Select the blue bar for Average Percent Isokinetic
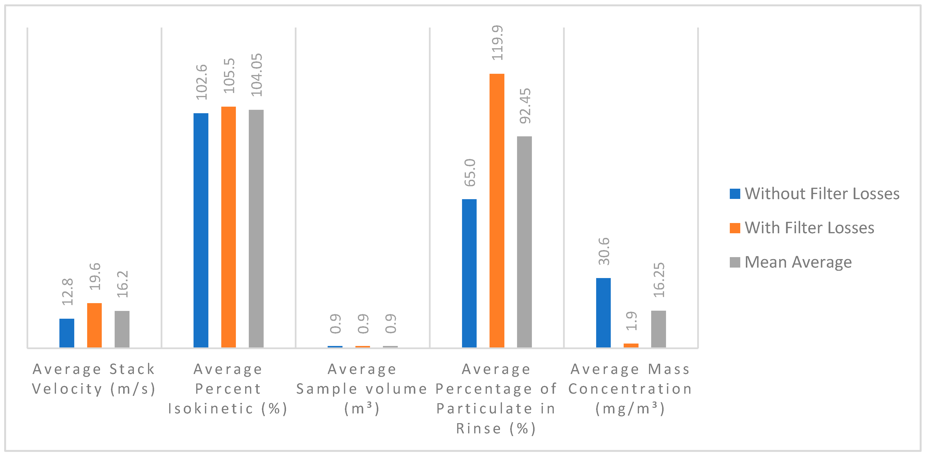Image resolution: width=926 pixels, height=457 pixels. point(201,230)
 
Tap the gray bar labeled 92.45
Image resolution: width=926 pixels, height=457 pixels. point(524,242)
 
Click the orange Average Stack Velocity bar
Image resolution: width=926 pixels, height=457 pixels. point(94,325)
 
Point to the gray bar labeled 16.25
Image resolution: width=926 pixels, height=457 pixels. point(658,329)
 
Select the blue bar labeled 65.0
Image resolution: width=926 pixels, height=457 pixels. point(469,273)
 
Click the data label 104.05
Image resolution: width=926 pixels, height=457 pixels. point(257,75)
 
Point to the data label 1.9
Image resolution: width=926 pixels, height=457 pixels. point(631,321)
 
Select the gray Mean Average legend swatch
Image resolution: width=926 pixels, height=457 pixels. point(735,262)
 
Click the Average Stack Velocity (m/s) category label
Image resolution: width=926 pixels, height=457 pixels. point(94,379)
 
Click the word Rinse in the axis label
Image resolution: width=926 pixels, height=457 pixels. point(478,429)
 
